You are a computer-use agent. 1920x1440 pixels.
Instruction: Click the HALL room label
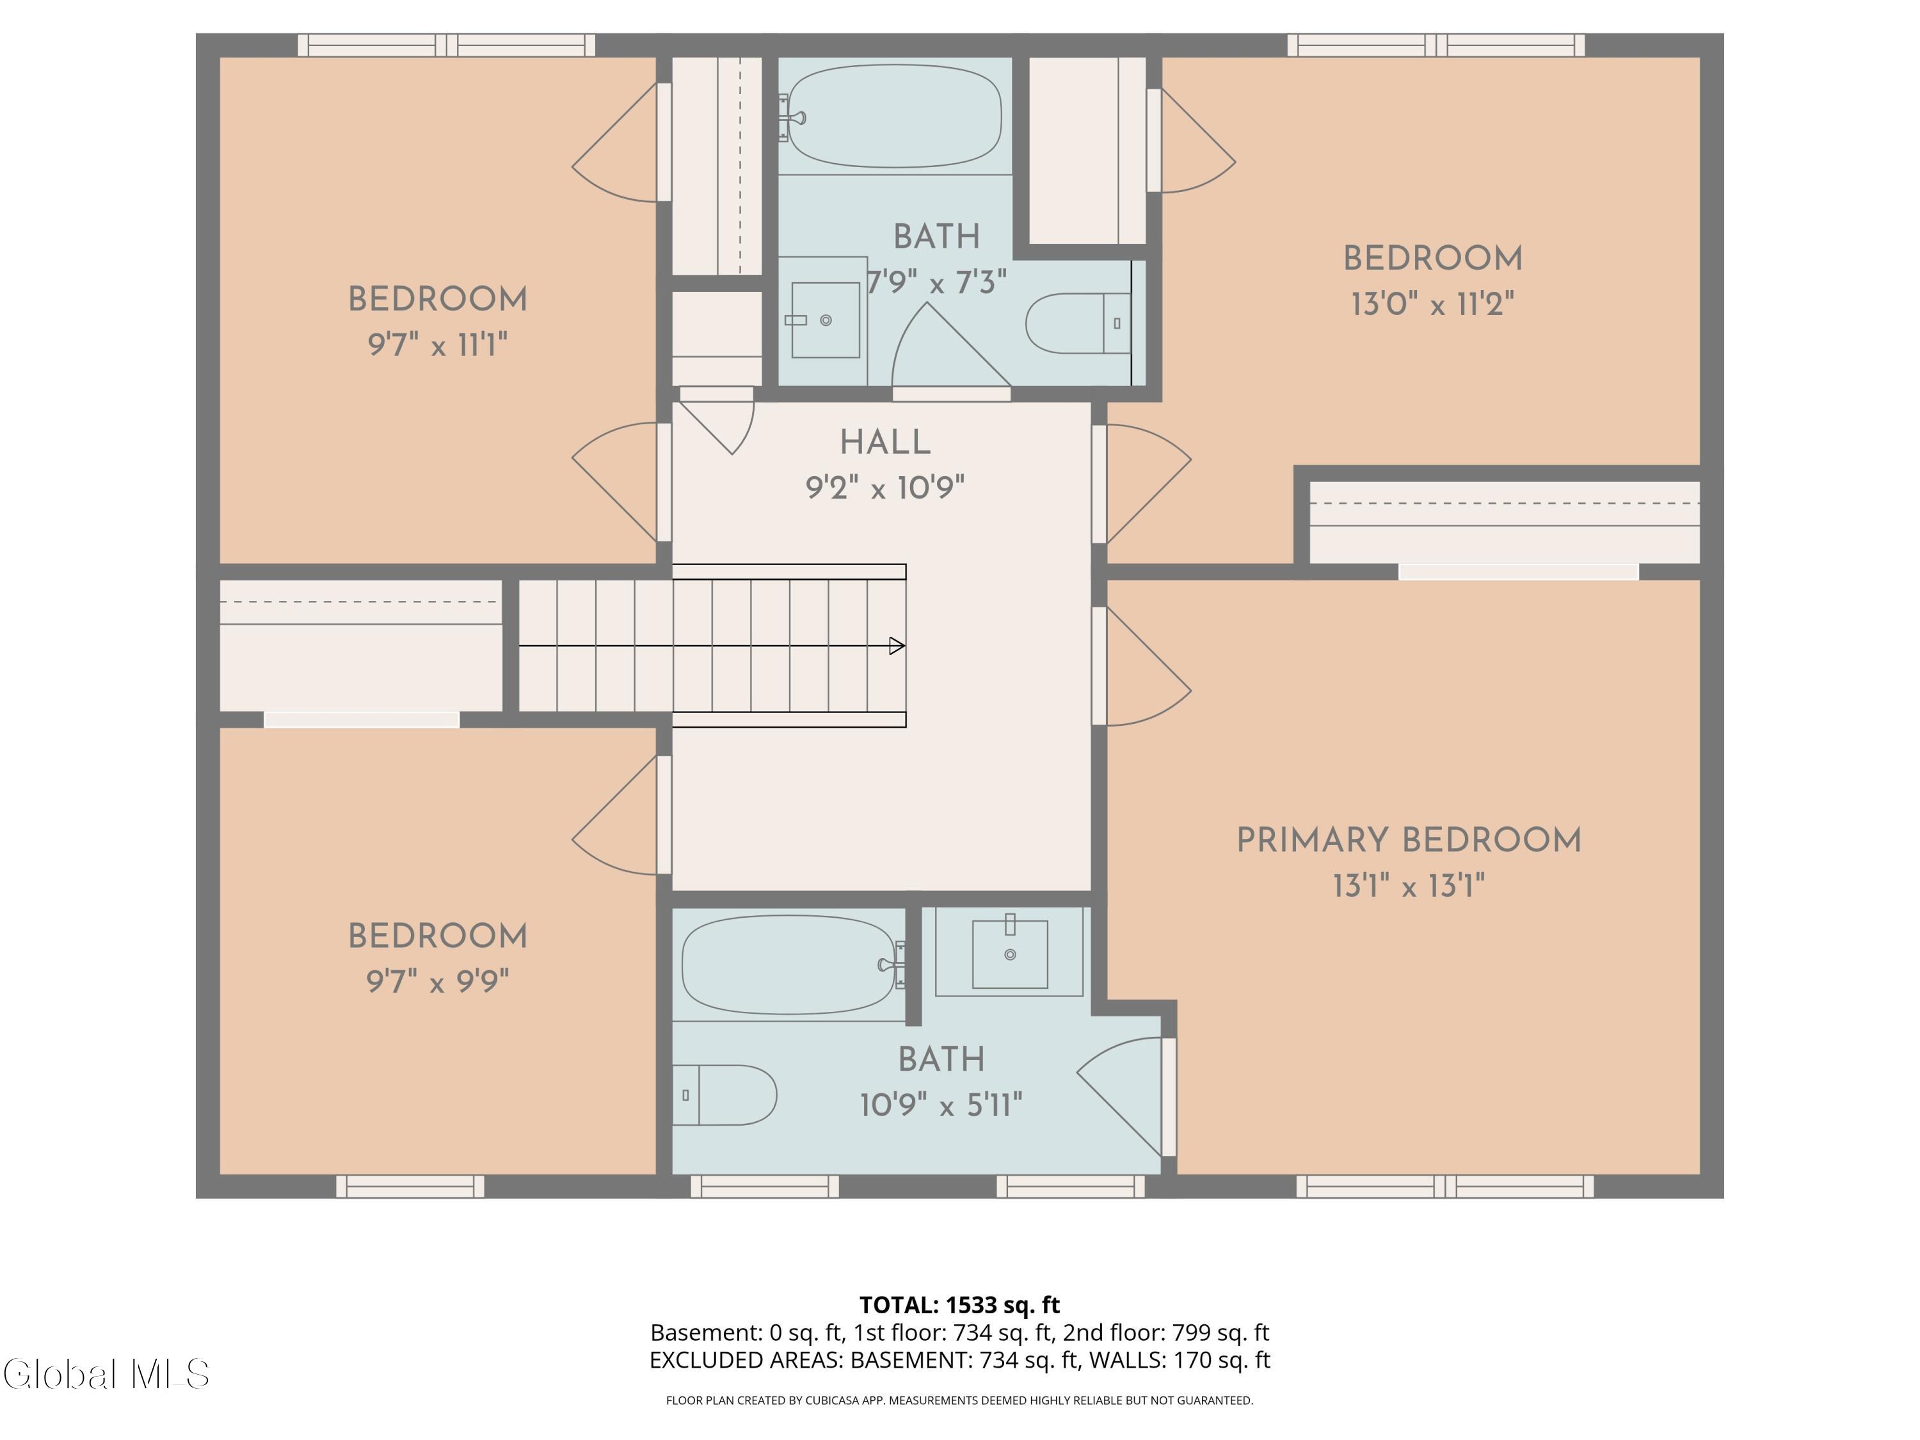click(x=884, y=443)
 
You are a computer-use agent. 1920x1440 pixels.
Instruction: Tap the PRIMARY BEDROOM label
click(x=1409, y=840)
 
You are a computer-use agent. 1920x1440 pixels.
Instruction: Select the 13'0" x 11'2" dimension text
click(x=1432, y=305)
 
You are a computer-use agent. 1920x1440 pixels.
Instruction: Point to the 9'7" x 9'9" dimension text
click(x=438, y=982)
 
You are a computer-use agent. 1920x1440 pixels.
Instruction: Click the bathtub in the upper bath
click(x=894, y=116)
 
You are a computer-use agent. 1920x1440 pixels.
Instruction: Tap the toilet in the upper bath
click(x=1079, y=323)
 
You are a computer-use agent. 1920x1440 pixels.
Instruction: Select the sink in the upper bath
click(x=824, y=320)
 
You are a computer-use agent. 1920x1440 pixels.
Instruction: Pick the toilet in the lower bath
click(x=724, y=1096)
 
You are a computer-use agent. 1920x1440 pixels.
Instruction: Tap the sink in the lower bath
click(x=1009, y=953)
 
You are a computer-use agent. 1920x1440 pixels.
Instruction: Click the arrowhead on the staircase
click(x=897, y=646)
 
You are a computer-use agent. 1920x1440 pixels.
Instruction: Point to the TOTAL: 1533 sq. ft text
click(x=959, y=1306)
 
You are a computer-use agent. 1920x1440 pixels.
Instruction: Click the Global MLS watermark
click(x=106, y=1374)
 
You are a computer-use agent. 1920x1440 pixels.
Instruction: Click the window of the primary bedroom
click(x=1445, y=1187)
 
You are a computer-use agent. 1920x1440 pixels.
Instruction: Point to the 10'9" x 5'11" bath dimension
click(x=941, y=1105)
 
